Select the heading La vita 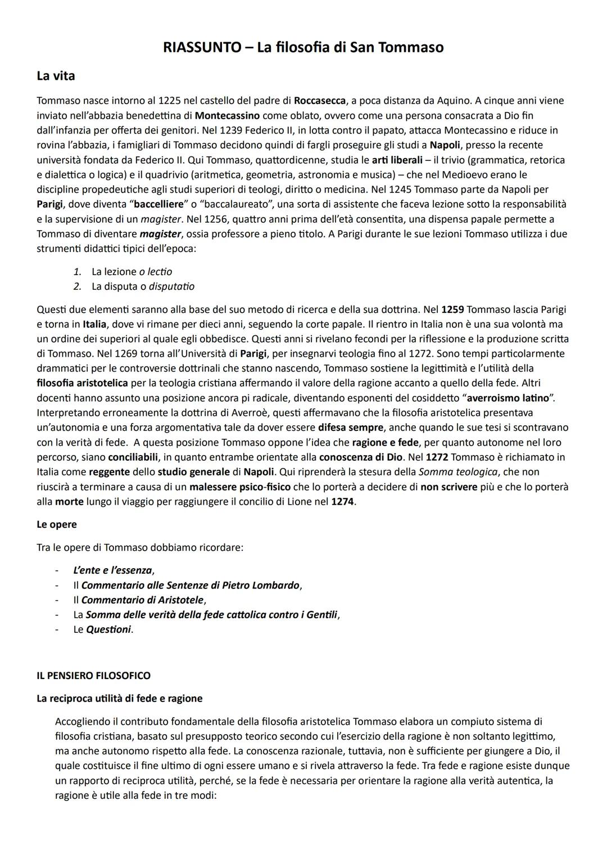[x=56, y=75]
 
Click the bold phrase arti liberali [x=397, y=160]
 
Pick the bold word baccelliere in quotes [x=156, y=204]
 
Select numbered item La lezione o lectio [x=132, y=272]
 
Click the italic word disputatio [x=171, y=286]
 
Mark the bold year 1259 [x=452, y=309]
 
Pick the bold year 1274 [x=342, y=501]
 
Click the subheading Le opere [x=57, y=524]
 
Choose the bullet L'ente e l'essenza [x=113, y=570]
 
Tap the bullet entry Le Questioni [x=103, y=629]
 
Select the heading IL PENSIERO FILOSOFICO [x=93, y=675]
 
